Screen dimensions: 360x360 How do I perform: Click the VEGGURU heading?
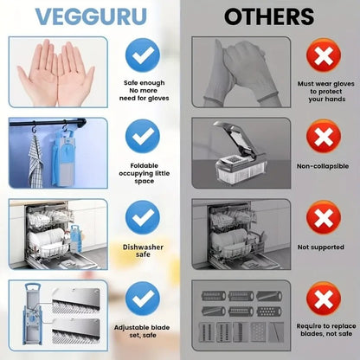pyautogui.click(x=90, y=17)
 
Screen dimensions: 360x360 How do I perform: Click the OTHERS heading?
pyautogui.click(x=269, y=17)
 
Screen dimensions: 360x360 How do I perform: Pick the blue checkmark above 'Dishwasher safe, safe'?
pyautogui.click(x=142, y=218)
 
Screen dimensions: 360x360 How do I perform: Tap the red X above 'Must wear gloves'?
pyautogui.click(x=322, y=58)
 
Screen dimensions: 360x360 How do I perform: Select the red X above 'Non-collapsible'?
pyautogui.click(x=322, y=138)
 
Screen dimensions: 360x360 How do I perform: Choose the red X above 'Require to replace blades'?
pyautogui.click(x=322, y=299)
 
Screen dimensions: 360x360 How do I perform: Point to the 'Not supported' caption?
pyautogui.click(x=322, y=247)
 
